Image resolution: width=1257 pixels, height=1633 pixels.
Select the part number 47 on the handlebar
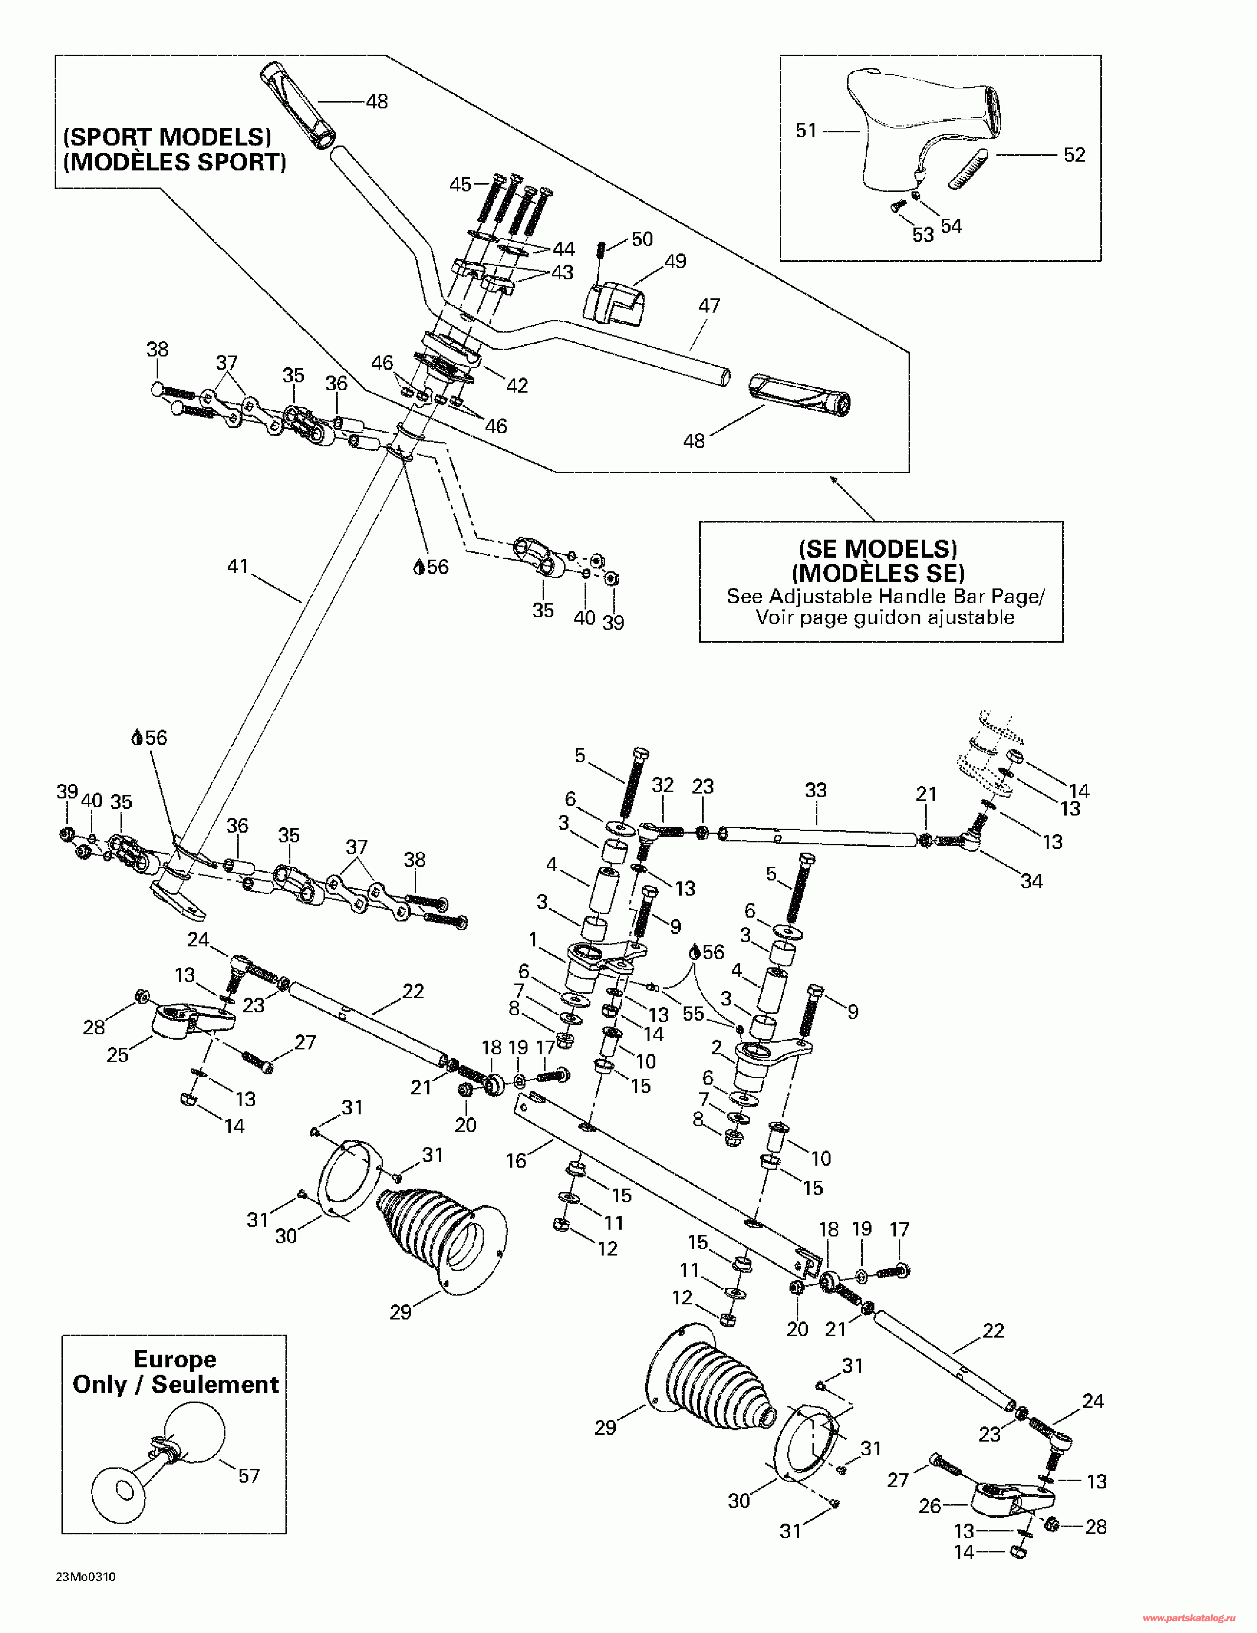[x=709, y=306]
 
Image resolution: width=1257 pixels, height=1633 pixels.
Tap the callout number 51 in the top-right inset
[x=806, y=131]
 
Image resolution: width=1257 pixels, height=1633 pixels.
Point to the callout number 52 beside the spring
[x=1074, y=155]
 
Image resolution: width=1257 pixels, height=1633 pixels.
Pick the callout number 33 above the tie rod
[x=815, y=790]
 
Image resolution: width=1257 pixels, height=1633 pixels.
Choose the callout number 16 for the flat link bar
[x=516, y=1160]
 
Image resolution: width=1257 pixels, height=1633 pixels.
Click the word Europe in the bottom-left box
[x=175, y=1359]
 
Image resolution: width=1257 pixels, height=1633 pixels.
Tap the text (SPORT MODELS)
[x=167, y=137]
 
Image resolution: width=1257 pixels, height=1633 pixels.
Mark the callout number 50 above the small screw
[x=642, y=239]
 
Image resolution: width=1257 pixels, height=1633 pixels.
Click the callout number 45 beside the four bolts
[x=460, y=185]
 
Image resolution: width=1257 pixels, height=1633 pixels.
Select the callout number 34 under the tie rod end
[x=1031, y=881]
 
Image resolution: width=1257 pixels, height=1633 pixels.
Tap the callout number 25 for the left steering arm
[x=117, y=1055]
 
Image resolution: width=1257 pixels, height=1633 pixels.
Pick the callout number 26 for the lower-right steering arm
[x=929, y=1506]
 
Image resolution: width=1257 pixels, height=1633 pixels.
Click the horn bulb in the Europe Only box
[x=194, y=1432]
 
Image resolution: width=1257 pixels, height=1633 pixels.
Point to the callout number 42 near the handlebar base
[x=517, y=386]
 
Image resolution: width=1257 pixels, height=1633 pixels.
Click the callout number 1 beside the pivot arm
[x=533, y=939]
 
